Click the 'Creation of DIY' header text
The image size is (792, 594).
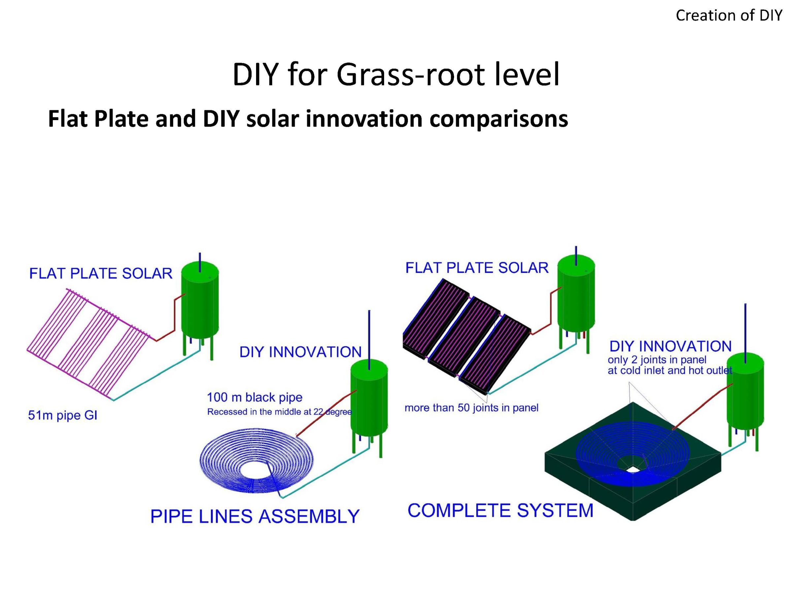point(728,16)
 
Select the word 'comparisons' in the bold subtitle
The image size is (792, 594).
point(498,119)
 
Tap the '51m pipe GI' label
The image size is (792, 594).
point(63,415)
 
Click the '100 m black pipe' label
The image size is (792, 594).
point(254,397)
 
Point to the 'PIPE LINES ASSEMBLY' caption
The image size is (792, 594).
point(254,516)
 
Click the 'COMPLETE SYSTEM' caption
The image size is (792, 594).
point(500,511)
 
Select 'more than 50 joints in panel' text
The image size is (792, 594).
point(471,408)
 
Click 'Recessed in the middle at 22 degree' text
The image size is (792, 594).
point(279,412)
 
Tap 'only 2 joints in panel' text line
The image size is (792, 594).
point(657,360)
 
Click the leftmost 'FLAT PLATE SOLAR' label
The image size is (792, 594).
point(101,274)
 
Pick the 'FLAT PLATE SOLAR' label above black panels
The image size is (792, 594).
point(477,268)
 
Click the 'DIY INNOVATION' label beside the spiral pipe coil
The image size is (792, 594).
point(300,352)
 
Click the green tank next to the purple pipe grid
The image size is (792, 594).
point(200,301)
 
